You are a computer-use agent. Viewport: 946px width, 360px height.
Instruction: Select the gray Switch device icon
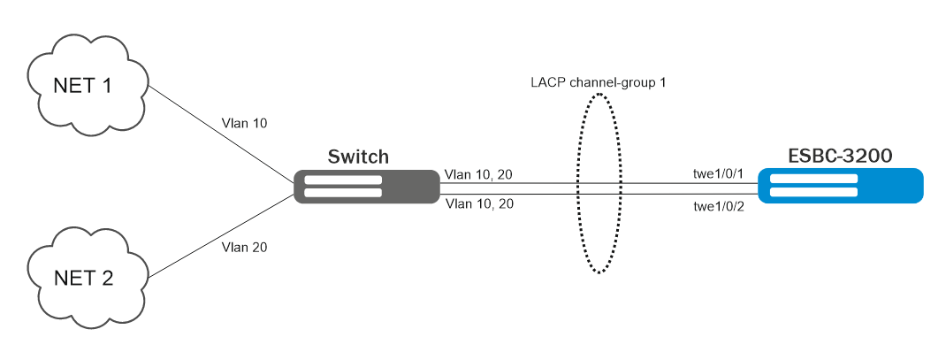tap(366, 186)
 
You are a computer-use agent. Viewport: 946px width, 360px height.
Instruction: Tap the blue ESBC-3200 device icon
tap(841, 186)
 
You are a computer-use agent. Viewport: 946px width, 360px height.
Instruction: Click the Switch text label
tap(358, 157)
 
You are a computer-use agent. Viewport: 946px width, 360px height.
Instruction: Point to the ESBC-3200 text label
tap(840, 157)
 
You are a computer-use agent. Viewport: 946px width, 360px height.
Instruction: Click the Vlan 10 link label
tap(248, 123)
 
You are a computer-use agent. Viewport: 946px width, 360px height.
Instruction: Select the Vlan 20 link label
tap(247, 247)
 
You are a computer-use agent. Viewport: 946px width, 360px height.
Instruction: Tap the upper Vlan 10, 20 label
tap(478, 174)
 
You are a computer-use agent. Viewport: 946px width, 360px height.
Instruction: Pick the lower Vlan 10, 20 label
tap(478, 204)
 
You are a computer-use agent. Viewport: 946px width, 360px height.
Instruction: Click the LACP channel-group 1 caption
tap(598, 82)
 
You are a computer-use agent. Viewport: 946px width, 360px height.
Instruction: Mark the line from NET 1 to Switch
tap(221, 135)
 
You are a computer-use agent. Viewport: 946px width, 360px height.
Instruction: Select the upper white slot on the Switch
tap(343, 180)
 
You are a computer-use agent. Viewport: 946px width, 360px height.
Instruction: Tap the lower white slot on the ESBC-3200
tap(813, 193)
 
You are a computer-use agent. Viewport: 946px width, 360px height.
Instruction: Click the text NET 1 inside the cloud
tap(84, 87)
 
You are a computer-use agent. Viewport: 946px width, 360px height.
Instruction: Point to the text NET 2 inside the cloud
tap(84, 279)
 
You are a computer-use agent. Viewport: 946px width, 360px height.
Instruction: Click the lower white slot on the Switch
tap(343, 192)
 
